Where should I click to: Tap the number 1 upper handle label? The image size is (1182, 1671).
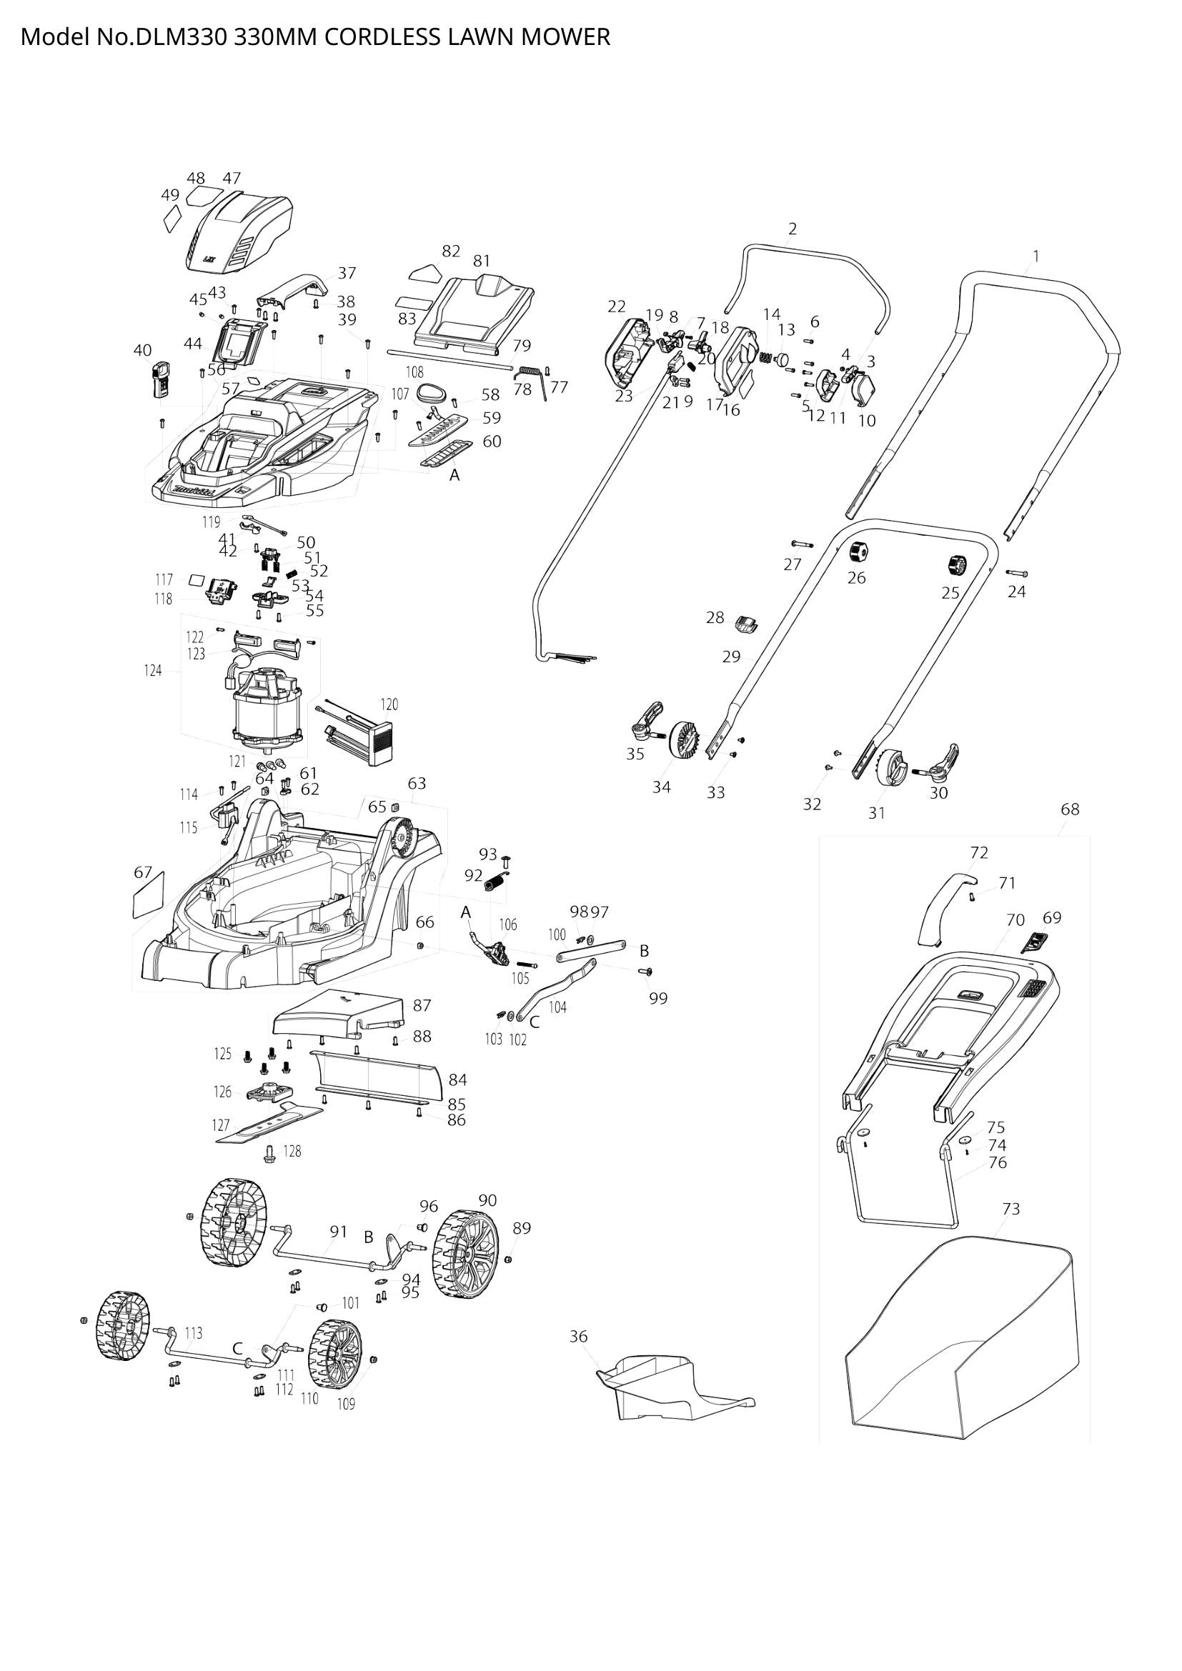click(1036, 256)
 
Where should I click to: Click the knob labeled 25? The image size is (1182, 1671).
click(955, 565)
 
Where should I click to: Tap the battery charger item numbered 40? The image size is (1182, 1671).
click(160, 379)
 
